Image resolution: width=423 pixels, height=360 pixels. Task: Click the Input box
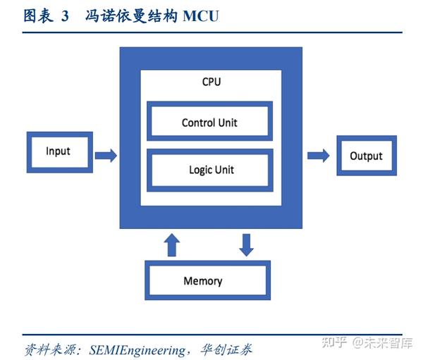[58, 151]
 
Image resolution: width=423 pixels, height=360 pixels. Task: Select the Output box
[366, 156]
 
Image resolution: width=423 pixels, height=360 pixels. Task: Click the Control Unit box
[209, 122]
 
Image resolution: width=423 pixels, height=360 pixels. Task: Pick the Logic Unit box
[209, 170]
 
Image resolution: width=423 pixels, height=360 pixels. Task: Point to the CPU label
[211, 82]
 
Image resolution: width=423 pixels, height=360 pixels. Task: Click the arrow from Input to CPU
[106, 155]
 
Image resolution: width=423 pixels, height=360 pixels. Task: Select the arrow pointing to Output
[318, 155]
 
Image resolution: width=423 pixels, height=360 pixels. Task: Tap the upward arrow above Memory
[171, 244]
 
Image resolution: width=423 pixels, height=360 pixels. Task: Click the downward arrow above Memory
[245, 244]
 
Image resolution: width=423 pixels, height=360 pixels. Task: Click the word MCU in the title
[201, 15]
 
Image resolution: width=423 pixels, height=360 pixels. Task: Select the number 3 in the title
[65, 15]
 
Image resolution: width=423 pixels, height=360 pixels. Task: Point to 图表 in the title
[38, 15]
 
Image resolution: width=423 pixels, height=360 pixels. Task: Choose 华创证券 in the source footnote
[228, 349]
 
